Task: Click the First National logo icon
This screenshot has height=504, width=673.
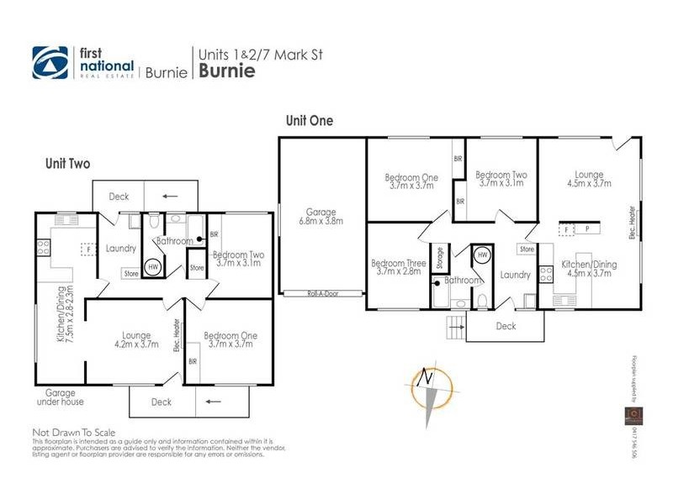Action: click(50, 61)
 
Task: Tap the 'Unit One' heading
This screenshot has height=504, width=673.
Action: click(309, 121)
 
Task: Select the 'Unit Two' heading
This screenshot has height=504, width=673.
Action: click(67, 165)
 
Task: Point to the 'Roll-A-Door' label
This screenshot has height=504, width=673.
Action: click(322, 293)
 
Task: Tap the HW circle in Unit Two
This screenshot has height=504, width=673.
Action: click(153, 266)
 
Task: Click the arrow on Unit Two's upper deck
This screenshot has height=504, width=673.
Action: click(170, 197)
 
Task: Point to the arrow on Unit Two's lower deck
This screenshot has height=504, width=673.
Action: click(208, 402)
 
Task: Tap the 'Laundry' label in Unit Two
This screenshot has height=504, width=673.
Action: click(122, 248)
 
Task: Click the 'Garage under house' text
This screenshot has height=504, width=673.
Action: click(61, 396)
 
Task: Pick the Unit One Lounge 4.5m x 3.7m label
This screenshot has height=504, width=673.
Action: click(588, 179)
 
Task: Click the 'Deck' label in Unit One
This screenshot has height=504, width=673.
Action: click(505, 326)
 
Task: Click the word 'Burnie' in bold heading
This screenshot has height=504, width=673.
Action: click(225, 71)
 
